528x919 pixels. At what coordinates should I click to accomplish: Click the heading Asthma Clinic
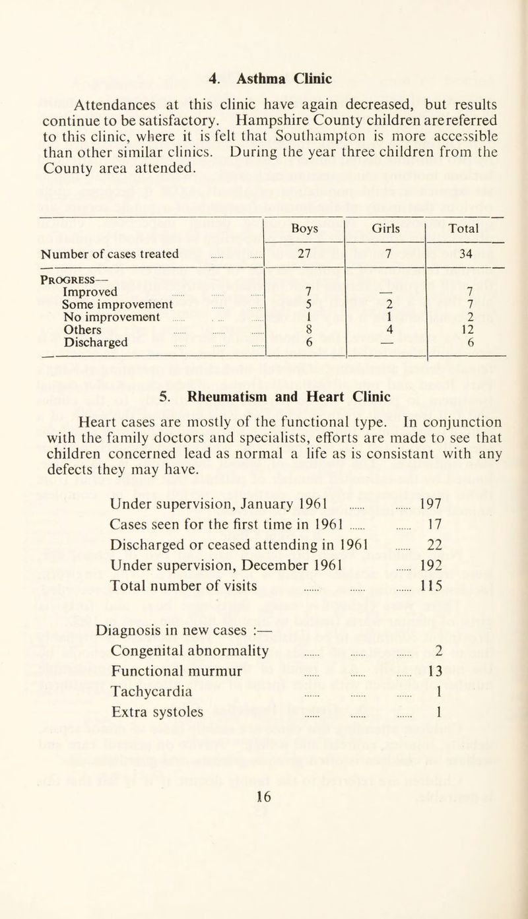click(270, 77)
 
